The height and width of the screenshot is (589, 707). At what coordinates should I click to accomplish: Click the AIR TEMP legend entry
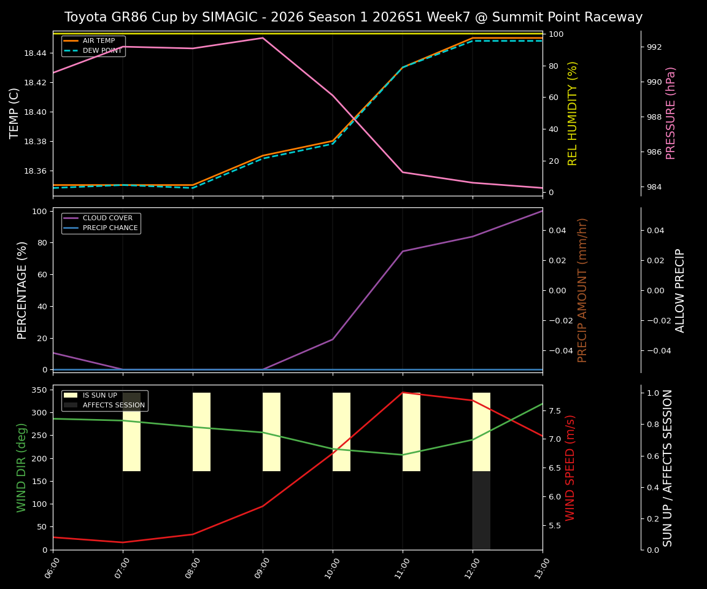point(98,41)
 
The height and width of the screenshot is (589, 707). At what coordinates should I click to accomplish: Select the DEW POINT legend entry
point(102,51)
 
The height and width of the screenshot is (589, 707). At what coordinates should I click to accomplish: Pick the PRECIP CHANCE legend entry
point(110,228)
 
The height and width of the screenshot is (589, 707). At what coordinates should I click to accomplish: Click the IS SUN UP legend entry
point(99,396)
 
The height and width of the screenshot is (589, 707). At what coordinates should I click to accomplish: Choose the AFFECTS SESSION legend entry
point(113,406)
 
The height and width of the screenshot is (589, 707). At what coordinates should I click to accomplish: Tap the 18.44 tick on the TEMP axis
point(35,53)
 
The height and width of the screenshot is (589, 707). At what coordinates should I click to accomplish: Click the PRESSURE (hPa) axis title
point(671,113)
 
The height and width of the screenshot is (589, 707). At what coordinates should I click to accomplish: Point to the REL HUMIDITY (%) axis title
point(573,113)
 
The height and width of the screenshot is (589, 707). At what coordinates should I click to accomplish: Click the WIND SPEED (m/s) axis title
point(570,467)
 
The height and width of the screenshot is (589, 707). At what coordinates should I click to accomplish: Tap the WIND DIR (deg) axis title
point(22,467)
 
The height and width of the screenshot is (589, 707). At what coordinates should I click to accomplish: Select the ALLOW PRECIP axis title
point(680,290)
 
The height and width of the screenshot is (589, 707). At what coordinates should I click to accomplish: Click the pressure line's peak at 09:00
point(263,38)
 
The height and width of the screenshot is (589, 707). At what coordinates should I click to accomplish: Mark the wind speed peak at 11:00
point(403,393)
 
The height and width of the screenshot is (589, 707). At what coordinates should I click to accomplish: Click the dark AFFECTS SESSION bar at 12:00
point(481,510)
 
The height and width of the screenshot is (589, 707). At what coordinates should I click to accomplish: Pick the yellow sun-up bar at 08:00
point(201,432)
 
